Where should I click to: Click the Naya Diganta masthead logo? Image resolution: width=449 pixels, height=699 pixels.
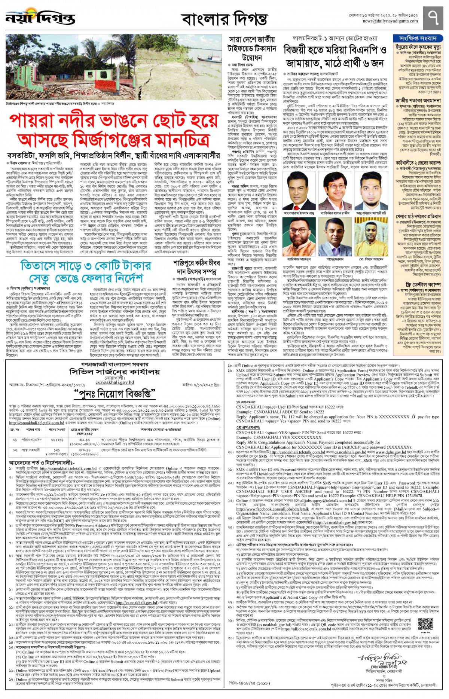click(40, 18)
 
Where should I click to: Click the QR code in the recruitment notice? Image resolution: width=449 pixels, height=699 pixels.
click(425, 626)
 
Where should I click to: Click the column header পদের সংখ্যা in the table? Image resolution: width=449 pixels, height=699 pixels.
click(57, 430)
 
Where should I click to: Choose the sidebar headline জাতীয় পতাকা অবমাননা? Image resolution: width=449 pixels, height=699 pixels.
click(418, 100)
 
